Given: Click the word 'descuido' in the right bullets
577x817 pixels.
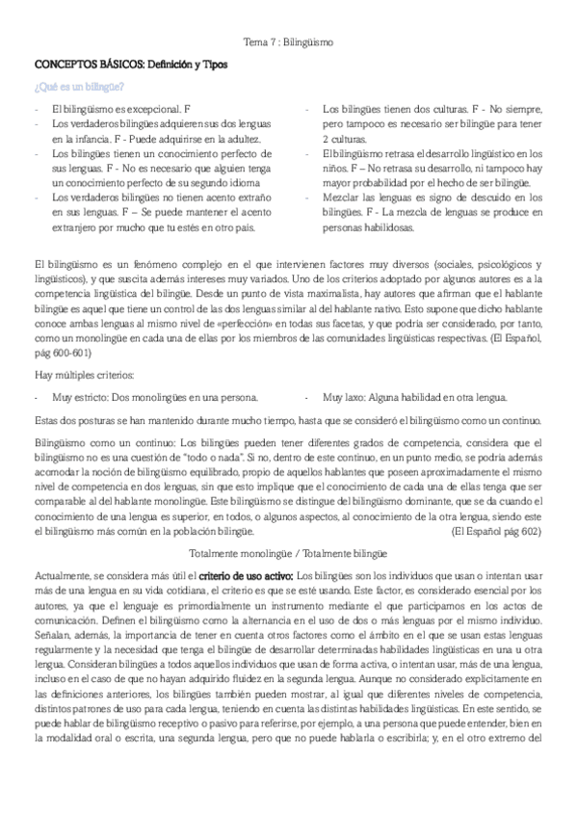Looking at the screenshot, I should click(x=473, y=197).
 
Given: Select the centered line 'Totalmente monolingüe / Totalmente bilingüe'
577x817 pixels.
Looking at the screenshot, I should click(x=288, y=553).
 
